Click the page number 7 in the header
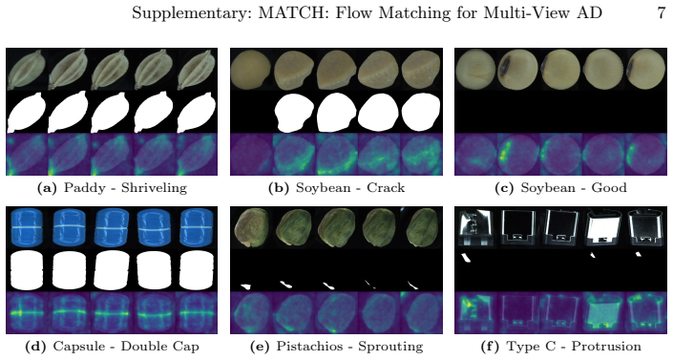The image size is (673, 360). (661, 12)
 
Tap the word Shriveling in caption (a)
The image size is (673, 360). (154, 188)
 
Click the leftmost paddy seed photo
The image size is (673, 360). (27, 69)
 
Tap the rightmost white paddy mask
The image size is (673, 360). (196, 112)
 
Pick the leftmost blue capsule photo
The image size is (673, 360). (27, 227)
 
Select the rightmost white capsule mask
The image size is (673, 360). (196, 270)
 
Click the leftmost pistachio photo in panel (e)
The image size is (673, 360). (251, 227)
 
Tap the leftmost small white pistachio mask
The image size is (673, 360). (245, 286)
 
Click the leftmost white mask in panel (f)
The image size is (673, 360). (466, 258)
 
